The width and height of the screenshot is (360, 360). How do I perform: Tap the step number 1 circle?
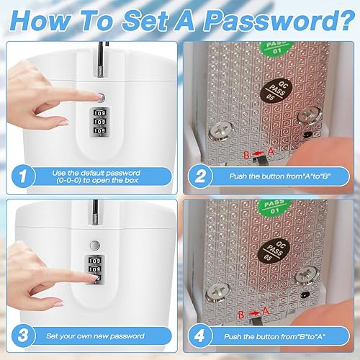tap(23, 176)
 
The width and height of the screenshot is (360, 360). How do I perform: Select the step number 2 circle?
tap(200, 176)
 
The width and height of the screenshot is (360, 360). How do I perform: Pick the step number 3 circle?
tap(23, 336)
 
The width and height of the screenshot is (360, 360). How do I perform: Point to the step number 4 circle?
tap(200, 336)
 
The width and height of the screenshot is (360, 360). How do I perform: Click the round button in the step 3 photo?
tap(95, 246)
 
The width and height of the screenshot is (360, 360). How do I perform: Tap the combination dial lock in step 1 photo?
tap(99, 122)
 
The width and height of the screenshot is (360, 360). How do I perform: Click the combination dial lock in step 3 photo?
tap(94, 269)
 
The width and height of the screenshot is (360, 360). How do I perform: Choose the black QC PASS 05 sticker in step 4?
tap(274, 251)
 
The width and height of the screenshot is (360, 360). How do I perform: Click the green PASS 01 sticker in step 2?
tap(277, 48)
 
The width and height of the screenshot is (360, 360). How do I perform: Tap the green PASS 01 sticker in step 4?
tap(275, 207)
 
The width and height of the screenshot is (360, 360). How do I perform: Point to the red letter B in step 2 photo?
tap(246, 155)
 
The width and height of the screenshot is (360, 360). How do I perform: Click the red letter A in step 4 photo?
tap(266, 311)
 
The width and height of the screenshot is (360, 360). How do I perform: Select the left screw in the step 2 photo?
tap(220, 132)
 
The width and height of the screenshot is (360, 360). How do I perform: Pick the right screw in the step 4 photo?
tap(307, 275)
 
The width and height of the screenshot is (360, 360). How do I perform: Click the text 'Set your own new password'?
tap(95, 336)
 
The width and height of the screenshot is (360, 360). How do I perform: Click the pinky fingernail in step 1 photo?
tap(63, 122)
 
